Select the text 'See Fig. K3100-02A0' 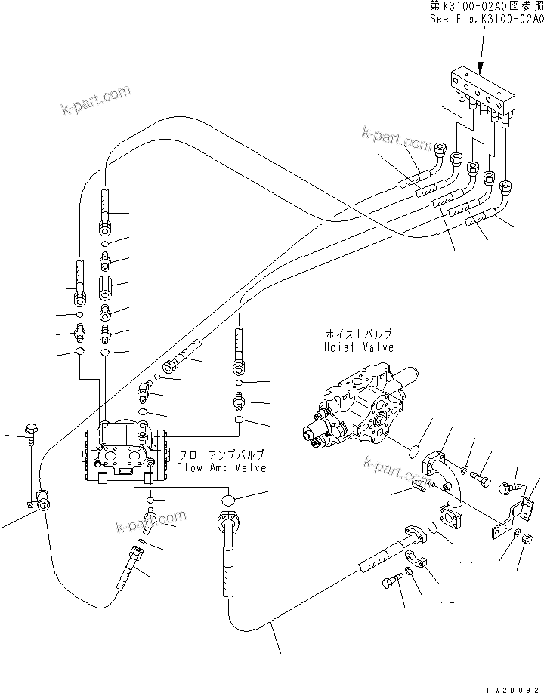tap(486, 20)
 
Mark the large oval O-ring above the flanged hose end tap(230, 500)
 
